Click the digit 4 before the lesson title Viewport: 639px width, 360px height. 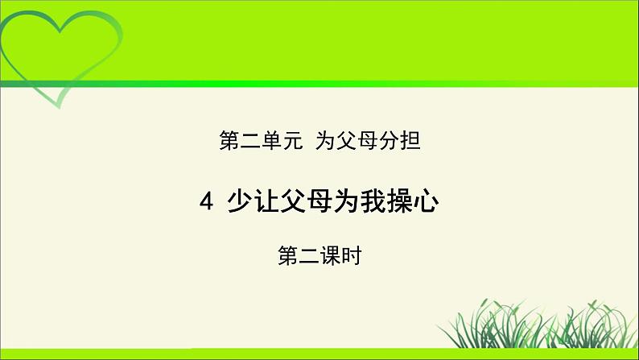(x=206, y=201)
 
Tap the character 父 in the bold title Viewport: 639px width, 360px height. (x=294, y=201)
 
